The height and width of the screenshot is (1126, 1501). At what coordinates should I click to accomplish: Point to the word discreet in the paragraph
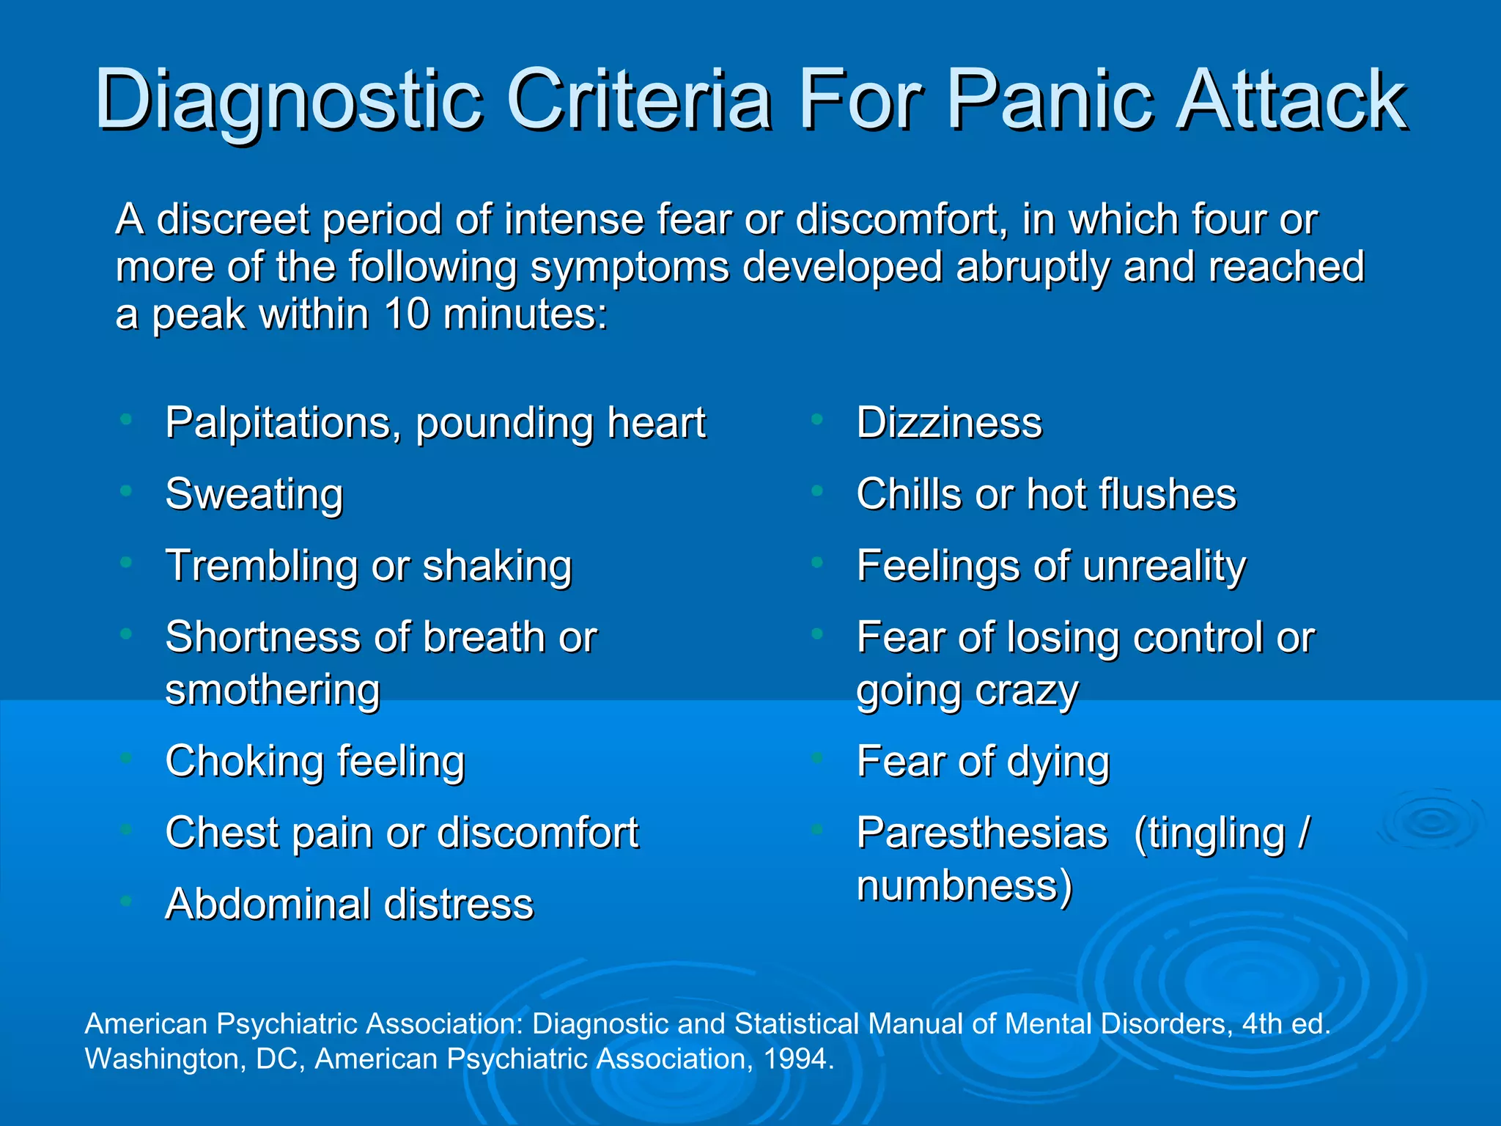tap(233, 219)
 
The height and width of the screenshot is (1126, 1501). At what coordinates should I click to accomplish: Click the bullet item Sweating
tap(254, 495)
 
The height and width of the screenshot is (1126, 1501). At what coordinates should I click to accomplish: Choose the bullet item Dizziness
tap(949, 423)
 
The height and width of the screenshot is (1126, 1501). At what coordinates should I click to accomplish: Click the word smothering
tap(273, 691)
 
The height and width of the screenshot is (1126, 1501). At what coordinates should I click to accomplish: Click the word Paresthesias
tap(982, 833)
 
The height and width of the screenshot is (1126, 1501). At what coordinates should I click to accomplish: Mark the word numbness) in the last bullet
tap(965, 886)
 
